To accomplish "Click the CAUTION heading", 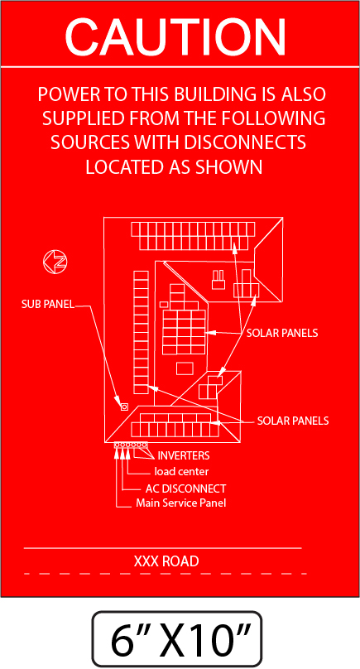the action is coord(175,36).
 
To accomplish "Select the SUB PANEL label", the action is coord(48,305).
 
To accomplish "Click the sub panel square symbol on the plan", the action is coord(124,407).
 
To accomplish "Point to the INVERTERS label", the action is coord(184,455).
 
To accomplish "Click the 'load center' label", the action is coord(181,471).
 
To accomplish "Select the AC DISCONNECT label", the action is coord(185,489).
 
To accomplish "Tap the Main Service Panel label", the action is coord(181,503).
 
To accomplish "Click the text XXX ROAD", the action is coord(166,561).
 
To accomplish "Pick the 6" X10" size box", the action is coord(176,639).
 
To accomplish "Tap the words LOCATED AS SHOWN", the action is coord(174,166).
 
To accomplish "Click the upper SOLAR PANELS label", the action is coord(282,333).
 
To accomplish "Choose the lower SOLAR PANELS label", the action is coord(293,421).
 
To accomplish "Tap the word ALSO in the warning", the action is coord(304,94).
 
